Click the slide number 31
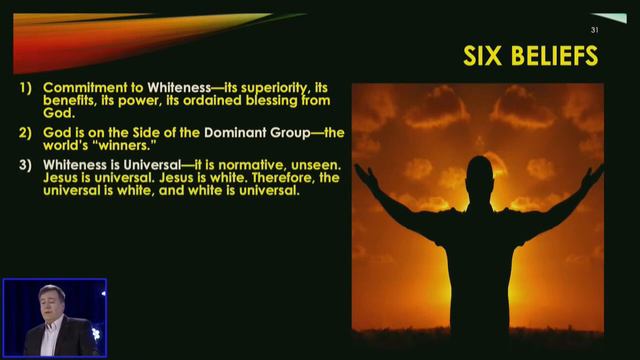click(595, 30)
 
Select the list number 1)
click(25, 88)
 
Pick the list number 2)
click(25, 131)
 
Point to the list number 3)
click(25, 163)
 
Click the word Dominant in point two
click(241, 131)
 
